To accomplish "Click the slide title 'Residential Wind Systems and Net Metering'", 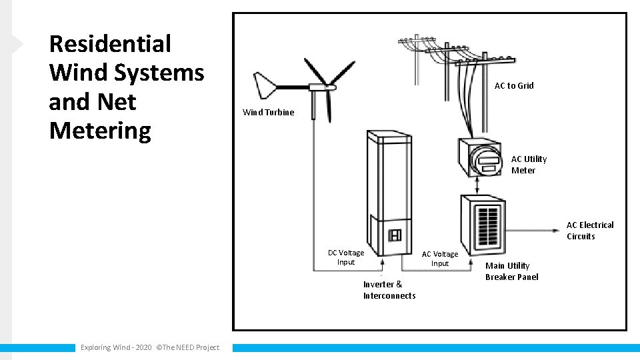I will tap(126, 87).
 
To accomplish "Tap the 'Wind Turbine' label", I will tap(268, 112).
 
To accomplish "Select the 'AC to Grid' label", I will tap(513, 85).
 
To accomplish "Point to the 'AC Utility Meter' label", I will tap(528, 165).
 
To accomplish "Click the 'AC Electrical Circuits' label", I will tap(589, 231).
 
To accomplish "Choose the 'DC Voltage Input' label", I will tap(346, 257).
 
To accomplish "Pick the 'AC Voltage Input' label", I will tap(440, 259).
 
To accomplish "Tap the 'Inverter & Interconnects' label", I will tap(389, 290).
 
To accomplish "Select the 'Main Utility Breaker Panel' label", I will tap(511, 271).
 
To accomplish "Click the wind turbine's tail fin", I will tap(265, 85).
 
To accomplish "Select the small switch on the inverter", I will tap(394, 235).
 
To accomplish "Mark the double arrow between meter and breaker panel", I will tap(477, 185).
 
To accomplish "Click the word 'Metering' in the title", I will tap(100, 131).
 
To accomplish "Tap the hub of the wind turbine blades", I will tap(329, 86).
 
